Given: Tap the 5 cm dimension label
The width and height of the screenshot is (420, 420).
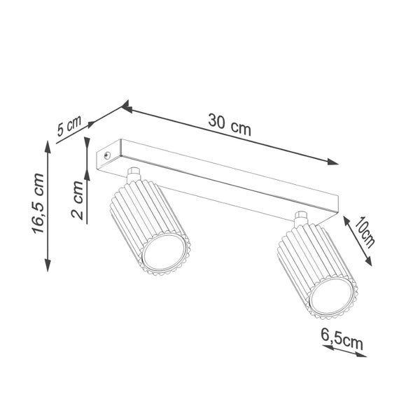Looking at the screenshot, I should coord(69,127).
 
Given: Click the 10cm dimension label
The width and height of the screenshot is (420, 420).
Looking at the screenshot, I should coord(365,233).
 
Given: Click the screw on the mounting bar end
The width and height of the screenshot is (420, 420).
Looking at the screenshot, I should coord(106,155).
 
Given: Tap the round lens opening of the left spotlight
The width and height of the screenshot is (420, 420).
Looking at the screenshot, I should coord(165,255).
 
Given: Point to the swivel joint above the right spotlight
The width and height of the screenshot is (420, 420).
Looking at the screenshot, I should coord(301,217).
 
